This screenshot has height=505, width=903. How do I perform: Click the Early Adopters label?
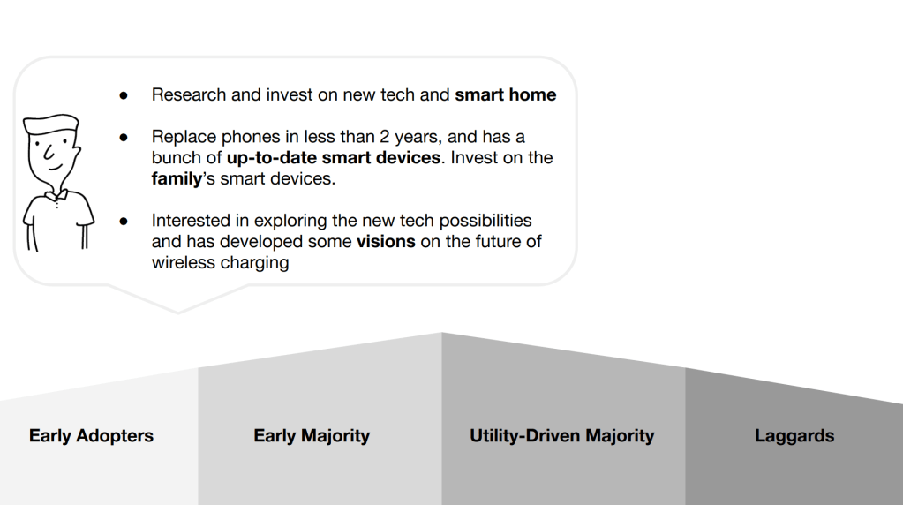[x=91, y=436]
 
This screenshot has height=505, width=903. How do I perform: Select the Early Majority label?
[x=312, y=436]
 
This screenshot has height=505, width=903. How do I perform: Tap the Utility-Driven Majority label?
[x=562, y=436]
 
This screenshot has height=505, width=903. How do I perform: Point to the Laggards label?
[x=794, y=436]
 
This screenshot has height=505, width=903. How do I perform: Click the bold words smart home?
[x=506, y=94]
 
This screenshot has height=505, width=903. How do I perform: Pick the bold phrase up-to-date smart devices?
[x=334, y=157]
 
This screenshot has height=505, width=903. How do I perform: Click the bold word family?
[x=177, y=178]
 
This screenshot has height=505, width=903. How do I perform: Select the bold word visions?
[x=386, y=241]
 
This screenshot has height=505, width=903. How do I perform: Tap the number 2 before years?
[x=385, y=137]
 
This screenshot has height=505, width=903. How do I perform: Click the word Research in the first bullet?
[x=189, y=94]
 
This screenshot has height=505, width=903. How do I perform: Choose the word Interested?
[x=191, y=221]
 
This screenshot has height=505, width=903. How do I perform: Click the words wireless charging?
[x=220, y=262]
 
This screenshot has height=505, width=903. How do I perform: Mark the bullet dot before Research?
[x=124, y=95]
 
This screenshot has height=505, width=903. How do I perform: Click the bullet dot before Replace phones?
[x=124, y=138]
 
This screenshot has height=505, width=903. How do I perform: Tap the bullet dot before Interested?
[x=124, y=222]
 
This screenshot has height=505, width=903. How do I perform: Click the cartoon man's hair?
[x=50, y=124]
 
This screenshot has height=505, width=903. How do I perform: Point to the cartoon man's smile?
[x=55, y=168]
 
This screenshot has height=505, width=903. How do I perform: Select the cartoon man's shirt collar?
[x=56, y=196]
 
